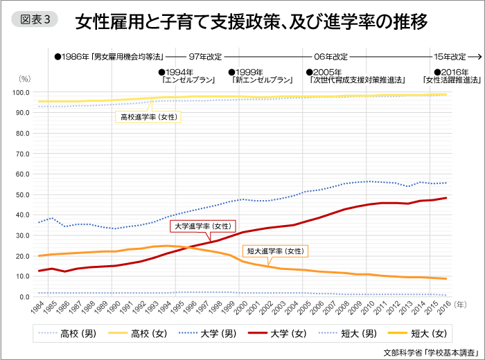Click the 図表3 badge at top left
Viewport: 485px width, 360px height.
pyautogui.click(x=33, y=20)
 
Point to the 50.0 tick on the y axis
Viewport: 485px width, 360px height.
pyautogui.click(x=21, y=195)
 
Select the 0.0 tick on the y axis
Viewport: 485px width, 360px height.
pyautogui.click(x=23, y=296)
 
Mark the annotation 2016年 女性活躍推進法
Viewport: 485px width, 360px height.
pyautogui.click(x=457, y=76)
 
